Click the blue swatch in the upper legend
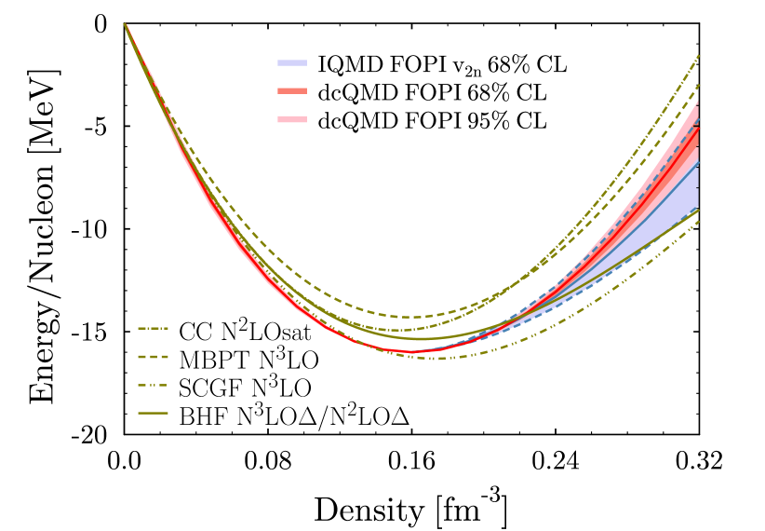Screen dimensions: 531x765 tap(292, 63)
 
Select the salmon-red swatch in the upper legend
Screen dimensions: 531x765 tap(292, 91)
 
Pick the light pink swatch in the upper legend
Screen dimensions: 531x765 tap(292, 119)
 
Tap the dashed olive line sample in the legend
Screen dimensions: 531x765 tap(153, 357)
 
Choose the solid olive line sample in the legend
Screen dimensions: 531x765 tap(153, 413)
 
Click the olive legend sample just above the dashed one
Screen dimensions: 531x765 tap(153, 329)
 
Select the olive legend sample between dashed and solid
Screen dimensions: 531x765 tap(153, 385)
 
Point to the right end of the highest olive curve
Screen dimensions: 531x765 tap(698, 56)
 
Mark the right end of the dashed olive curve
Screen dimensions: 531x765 tap(698, 86)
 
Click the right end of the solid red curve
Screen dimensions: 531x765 tap(698, 127)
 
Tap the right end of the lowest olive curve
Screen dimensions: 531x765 tap(698, 221)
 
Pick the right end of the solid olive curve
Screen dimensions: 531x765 tap(698, 211)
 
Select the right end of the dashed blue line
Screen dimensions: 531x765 tap(698, 121)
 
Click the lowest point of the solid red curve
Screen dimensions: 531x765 tap(409, 352)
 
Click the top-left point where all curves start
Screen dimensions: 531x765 tap(125, 24)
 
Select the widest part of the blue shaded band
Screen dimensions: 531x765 tap(696, 186)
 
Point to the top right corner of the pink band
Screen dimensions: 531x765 tap(698, 101)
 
